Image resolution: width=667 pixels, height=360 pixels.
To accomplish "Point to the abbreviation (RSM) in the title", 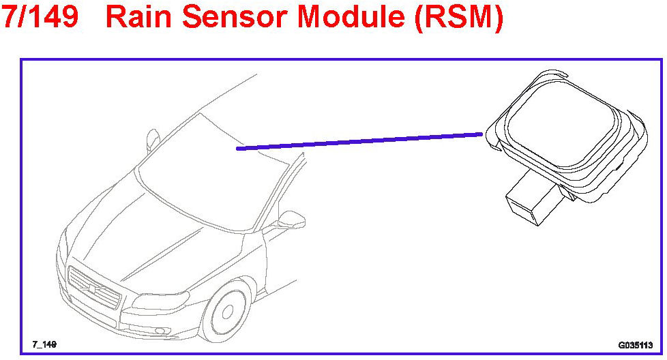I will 458,18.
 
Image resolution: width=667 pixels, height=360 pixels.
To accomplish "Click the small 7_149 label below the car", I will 44,344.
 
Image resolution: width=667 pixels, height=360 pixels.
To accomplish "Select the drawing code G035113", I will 636,345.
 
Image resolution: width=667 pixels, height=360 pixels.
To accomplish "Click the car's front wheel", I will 229,318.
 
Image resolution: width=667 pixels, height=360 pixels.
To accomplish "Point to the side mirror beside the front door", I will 291,220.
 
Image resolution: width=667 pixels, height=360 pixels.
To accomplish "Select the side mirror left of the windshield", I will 153,141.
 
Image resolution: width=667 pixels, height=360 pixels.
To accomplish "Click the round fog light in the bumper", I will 160,333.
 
